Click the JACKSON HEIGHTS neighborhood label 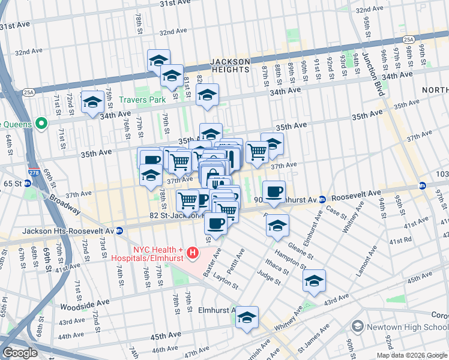(229, 65)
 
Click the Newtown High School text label (407, 326)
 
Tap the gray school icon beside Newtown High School (358, 326)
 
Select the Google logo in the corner (20, 353)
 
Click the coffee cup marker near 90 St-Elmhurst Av (274, 192)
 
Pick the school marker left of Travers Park (92, 101)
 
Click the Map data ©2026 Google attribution (411, 355)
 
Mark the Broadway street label (64, 203)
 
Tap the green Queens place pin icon (41, 124)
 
